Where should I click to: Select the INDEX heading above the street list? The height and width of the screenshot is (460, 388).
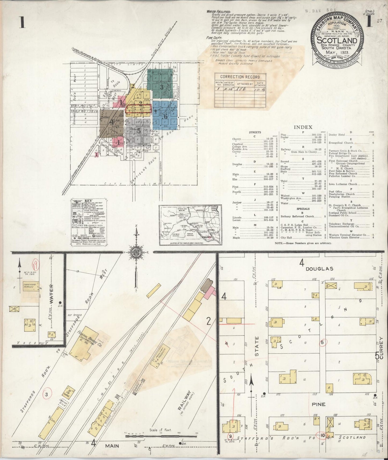(303, 127)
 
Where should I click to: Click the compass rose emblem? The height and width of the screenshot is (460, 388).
(136, 253)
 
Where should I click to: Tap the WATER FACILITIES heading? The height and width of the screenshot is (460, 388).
(218, 12)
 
